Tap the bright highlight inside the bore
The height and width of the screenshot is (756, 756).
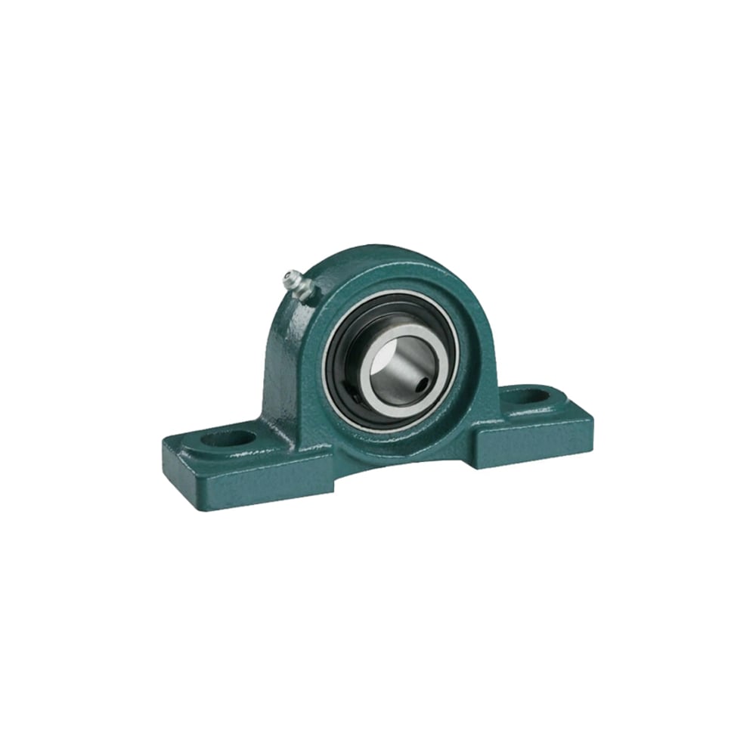click(382, 363)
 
